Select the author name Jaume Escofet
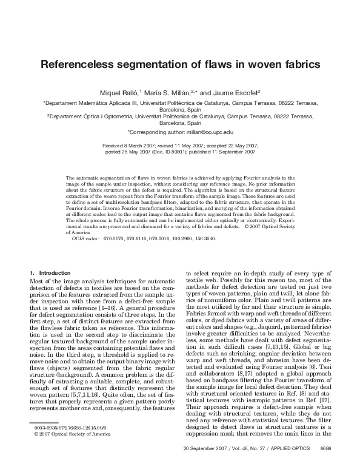point(237,93)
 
